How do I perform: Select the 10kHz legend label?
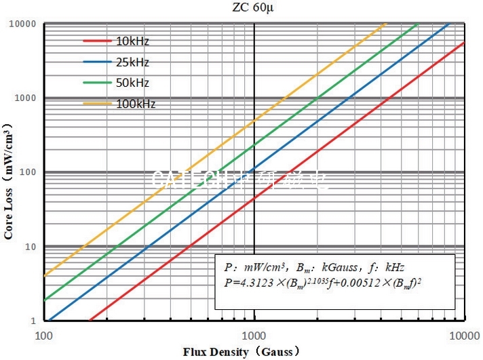[132, 41]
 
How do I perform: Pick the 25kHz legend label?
[132, 62]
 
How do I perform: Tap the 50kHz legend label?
[132, 83]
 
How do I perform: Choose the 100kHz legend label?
[135, 104]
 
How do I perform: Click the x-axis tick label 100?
[44, 336]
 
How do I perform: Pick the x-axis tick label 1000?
[254, 336]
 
